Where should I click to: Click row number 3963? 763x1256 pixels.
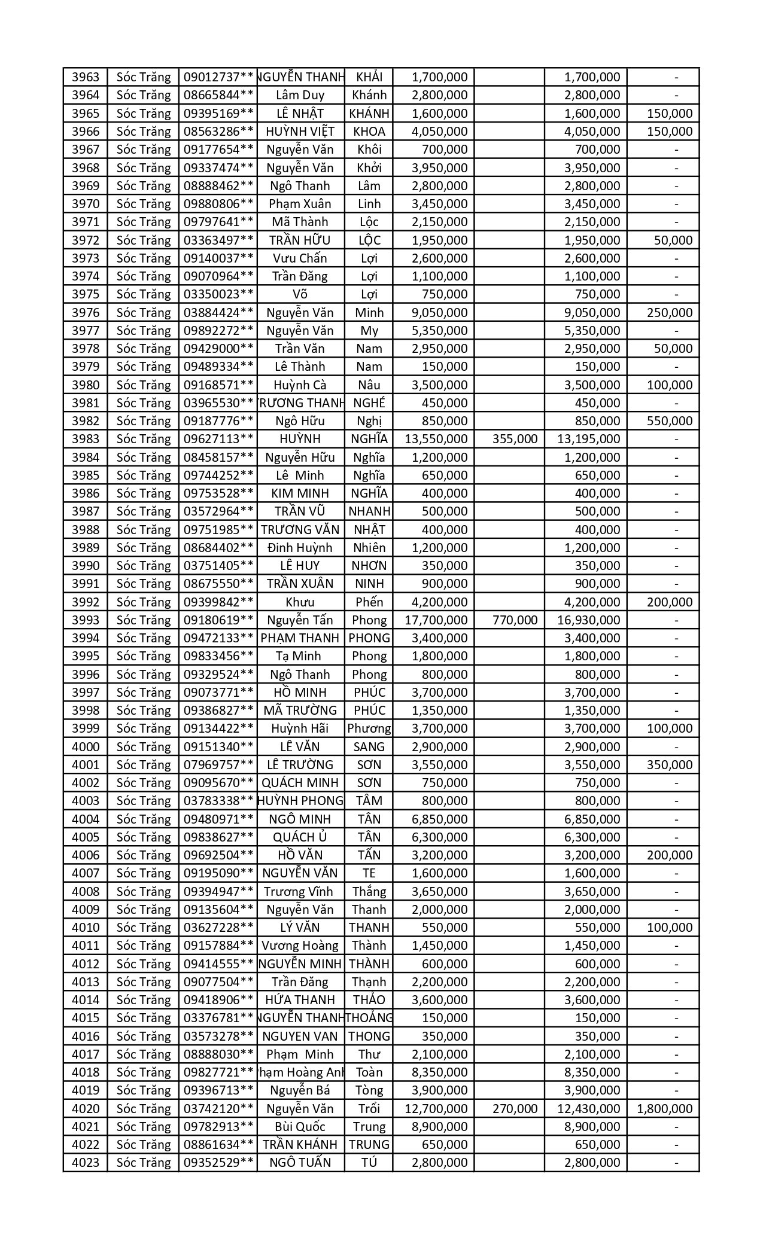click(x=85, y=77)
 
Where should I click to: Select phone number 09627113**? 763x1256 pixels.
click(x=218, y=439)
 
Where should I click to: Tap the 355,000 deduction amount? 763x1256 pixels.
click(x=515, y=439)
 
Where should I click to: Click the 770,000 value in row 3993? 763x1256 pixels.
click(x=515, y=620)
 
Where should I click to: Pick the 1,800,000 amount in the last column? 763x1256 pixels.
click(x=665, y=1109)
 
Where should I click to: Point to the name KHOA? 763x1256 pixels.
click(x=369, y=132)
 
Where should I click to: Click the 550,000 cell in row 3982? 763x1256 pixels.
click(x=670, y=421)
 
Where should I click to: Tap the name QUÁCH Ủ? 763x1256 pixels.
click(x=300, y=837)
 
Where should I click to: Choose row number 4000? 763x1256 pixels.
click(x=85, y=747)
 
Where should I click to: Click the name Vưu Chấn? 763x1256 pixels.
click(x=300, y=258)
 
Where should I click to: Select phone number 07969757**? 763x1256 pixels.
click(x=218, y=765)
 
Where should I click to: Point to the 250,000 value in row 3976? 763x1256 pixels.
click(x=670, y=313)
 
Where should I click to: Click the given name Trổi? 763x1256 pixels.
click(x=369, y=1109)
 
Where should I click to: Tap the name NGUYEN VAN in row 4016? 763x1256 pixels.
click(x=300, y=1036)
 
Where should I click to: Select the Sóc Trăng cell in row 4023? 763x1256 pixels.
click(x=144, y=1163)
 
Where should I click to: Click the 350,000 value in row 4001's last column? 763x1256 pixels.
click(x=670, y=765)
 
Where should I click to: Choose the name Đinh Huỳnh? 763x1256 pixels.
click(x=300, y=548)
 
